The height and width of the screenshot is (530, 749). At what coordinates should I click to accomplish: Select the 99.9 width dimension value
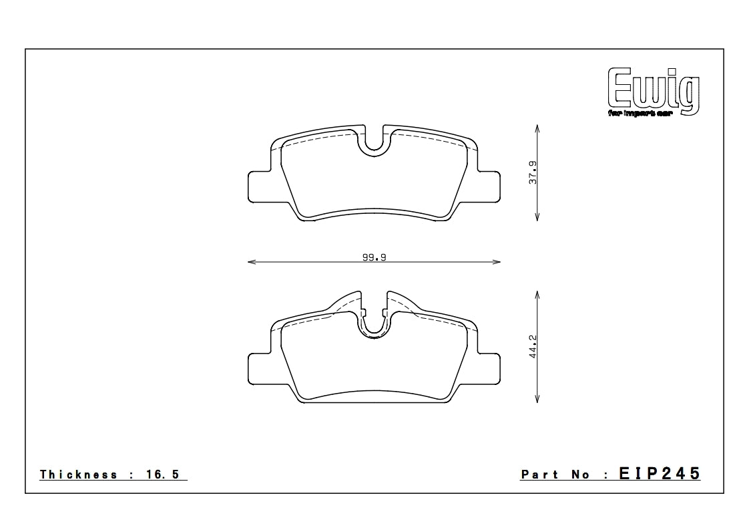[374, 257]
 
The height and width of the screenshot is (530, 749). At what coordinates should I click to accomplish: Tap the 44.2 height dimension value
[533, 348]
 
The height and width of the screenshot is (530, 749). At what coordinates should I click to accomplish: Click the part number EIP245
[660, 474]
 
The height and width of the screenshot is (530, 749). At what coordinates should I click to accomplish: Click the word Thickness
[79, 475]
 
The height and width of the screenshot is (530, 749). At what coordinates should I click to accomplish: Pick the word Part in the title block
[539, 475]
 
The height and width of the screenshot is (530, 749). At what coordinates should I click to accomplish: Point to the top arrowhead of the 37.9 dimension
[537, 129]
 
